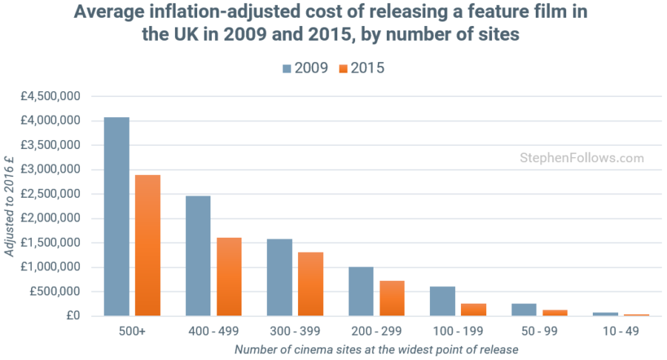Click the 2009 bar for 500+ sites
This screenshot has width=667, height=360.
tap(116, 216)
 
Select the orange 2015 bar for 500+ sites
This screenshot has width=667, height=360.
tap(147, 245)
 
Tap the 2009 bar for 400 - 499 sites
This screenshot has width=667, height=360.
tap(198, 256)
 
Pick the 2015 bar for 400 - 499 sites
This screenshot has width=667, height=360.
tap(229, 277)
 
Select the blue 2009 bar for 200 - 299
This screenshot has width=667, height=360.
tap(361, 292)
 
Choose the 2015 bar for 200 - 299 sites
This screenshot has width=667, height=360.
tap(392, 299)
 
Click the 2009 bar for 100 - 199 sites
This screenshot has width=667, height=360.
tap(442, 301)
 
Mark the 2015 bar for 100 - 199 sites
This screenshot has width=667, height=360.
tap(474, 310)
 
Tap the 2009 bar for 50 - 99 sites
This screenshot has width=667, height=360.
tap(524, 310)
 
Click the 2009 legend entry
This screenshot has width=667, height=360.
tap(305, 68)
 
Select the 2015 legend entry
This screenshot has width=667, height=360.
tap(361, 68)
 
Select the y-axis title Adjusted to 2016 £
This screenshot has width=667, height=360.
tap(9, 207)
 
